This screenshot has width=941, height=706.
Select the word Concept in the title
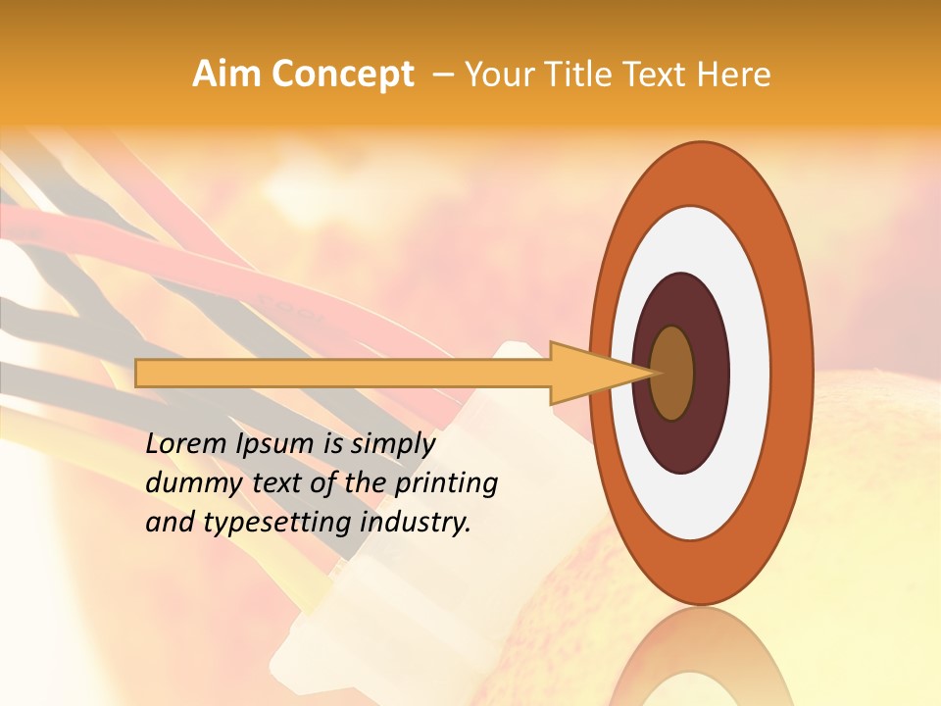point(343,75)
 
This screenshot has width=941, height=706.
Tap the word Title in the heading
point(587,75)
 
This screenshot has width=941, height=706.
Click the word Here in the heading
point(734,75)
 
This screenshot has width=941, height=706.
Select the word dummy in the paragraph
point(183,482)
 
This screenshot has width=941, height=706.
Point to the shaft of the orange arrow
point(343,373)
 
